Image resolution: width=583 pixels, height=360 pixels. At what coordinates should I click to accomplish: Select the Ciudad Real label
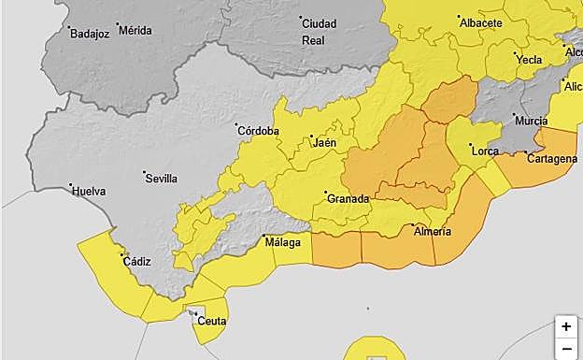click(x=319, y=32)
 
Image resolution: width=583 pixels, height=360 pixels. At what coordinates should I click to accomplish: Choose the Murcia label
click(x=531, y=122)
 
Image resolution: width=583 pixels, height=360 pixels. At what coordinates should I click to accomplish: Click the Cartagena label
click(x=551, y=159)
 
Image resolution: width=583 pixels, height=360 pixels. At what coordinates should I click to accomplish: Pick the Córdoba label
click(x=259, y=131)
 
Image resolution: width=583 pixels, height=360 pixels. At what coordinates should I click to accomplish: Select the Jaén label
click(x=324, y=142)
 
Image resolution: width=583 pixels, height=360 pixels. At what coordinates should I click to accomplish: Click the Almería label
click(x=433, y=231)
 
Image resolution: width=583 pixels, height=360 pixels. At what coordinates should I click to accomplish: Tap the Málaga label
click(x=283, y=243)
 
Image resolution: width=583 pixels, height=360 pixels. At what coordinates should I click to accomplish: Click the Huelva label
click(x=89, y=191)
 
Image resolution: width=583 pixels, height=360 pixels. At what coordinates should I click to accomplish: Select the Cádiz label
click(x=136, y=262)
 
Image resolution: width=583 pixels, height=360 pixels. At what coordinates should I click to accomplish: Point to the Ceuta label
click(x=212, y=322)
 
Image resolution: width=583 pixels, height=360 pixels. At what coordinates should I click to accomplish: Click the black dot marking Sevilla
click(x=145, y=172)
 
